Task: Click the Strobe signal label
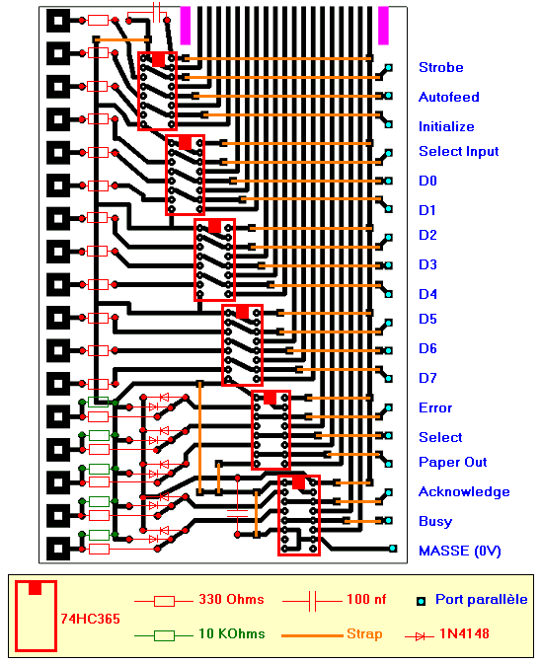[440, 67]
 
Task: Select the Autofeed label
[448, 97]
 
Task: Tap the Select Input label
[458, 152]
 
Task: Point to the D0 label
[427, 181]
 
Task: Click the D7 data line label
[427, 378]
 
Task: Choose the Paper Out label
[452, 462]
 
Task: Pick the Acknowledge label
[464, 491]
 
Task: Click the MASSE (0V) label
[460, 551]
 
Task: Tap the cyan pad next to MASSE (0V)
[393, 549]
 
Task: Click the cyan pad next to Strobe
[389, 68]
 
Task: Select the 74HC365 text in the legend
[90, 619]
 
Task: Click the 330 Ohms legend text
[231, 599]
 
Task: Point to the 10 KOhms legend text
[232, 633]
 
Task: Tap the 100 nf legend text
[366, 599]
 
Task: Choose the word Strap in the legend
[364, 634]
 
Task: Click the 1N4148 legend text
[464, 633]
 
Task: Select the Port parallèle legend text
[482, 600]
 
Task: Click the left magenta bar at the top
[186, 26]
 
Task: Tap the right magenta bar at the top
[383, 26]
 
